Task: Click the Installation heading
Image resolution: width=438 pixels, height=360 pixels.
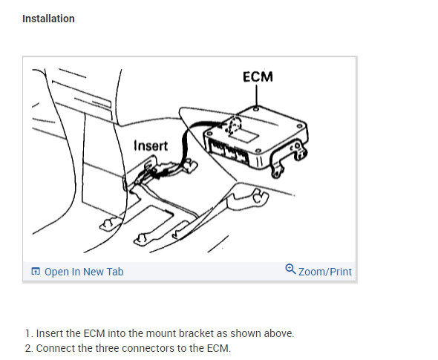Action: (48, 19)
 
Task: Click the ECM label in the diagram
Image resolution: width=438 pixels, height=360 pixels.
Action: (258, 76)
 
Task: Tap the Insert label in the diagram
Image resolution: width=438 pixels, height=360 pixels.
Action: (151, 145)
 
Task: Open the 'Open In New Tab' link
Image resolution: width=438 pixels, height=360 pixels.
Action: (84, 272)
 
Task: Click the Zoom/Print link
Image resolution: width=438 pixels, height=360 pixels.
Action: (325, 272)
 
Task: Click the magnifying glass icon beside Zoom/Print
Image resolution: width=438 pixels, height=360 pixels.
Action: (290, 269)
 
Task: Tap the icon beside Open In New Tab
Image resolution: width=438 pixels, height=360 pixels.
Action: (36, 271)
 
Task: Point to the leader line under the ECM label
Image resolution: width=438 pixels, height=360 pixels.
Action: (257, 95)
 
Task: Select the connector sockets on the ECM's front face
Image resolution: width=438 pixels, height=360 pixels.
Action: (229, 153)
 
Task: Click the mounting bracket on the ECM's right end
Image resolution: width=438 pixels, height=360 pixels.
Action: (288, 159)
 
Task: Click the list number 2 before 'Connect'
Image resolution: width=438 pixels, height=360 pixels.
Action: (29, 348)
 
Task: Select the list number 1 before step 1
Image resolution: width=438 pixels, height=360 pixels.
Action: (29, 333)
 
